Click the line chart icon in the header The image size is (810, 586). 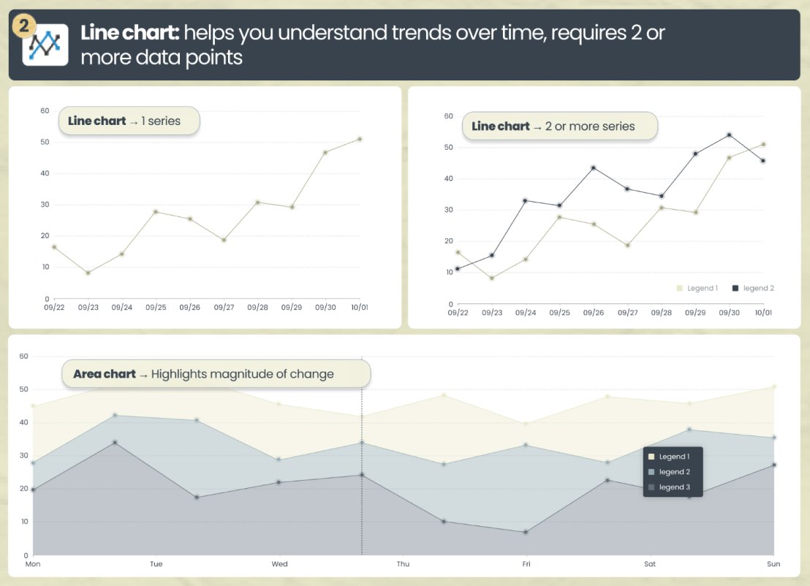[x=45, y=45]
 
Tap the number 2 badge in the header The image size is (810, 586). [x=23, y=27]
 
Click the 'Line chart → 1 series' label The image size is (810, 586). [x=124, y=121]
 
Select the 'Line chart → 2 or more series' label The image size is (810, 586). [x=553, y=126]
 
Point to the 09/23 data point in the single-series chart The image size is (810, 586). [x=88, y=273]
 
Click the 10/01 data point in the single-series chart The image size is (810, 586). [x=360, y=139]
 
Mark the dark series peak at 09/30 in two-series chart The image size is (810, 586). [x=729, y=135]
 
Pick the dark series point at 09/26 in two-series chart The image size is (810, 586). [x=593, y=167]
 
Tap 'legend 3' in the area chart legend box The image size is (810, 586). [x=674, y=487]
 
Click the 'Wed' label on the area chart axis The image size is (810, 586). [x=279, y=564]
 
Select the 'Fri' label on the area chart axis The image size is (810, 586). [x=526, y=564]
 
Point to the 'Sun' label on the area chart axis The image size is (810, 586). [x=773, y=564]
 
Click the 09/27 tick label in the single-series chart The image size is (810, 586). [x=224, y=308]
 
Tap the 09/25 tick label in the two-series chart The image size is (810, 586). [x=559, y=313]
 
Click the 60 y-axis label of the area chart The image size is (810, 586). [x=23, y=357]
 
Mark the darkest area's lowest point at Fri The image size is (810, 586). [x=526, y=532]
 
